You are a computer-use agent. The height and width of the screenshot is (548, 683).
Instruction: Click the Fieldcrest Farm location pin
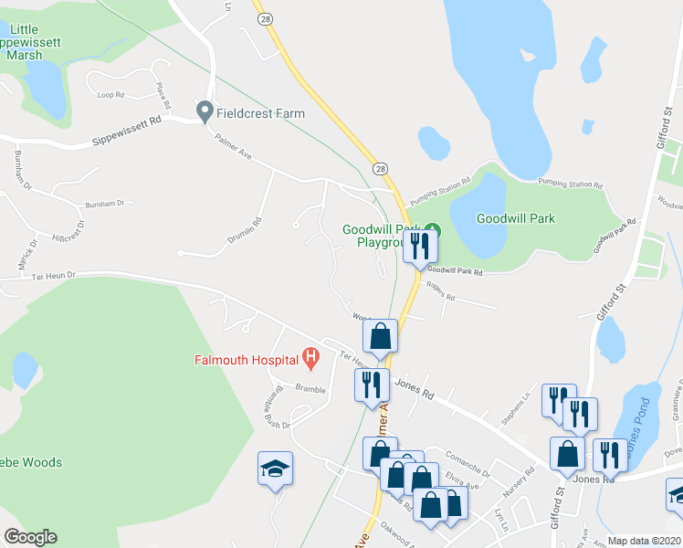pyautogui.click(x=205, y=113)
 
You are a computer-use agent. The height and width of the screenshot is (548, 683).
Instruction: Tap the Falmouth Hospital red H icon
pyautogui.click(x=311, y=359)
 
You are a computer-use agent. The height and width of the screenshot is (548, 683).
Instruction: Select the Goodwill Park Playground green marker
pyautogui.click(x=435, y=229)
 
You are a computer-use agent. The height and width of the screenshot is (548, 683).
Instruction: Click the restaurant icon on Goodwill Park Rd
pyautogui.click(x=420, y=246)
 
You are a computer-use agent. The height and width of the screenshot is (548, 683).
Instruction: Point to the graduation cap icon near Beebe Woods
pyautogui.click(x=275, y=469)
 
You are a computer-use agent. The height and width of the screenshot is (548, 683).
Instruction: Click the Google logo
pyautogui.click(x=30, y=537)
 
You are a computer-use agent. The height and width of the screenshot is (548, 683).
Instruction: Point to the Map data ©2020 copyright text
pyautogui.click(x=645, y=541)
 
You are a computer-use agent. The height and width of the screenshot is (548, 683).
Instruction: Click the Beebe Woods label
pyautogui.click(x=31, y=462)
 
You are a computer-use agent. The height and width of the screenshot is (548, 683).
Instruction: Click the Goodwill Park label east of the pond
pyautogui.click(x=515, y=218)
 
